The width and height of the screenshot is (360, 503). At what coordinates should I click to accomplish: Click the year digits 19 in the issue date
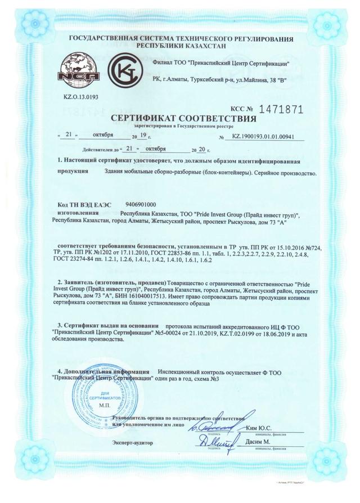142,136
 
